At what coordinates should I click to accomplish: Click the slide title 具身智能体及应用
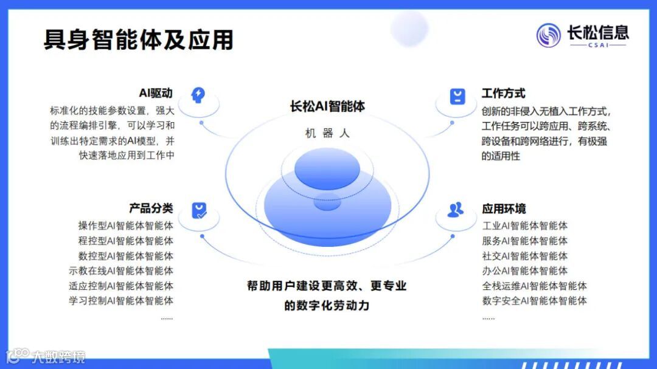pyautogui.click(x=138, y=40)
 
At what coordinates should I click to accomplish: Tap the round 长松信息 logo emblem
pyautogui.click(x=548, y=35)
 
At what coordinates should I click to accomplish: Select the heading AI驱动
pyautogui.click(x=156, y=93)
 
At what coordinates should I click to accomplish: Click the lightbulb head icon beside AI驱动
pyautogui.click(x=198, y=95)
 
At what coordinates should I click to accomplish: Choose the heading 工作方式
pyautogui.click(x=503, y=94)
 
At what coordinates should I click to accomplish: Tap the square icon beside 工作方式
pyautogui.click(x=457, y=96)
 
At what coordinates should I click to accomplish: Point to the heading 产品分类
pyautogui.click(x=151, y=209)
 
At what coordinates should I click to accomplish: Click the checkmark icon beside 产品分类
pyautogui.click(x=199, y=210)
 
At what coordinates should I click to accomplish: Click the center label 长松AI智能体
pyautogui.click(x=327, y=106)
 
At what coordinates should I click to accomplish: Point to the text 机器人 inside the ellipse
pyautogui.click(x=327, y=133)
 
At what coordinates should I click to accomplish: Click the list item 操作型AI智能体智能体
pyautogui.click(x=125, y=226)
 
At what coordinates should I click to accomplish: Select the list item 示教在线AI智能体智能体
pyautogui.click(x=120, y=271)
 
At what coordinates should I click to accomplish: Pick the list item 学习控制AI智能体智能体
pyautogui.click(x=120, y=300)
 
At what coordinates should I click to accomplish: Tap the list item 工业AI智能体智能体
pyautogui.click(x=524, y=226)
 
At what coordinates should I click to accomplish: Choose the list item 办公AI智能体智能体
pyautogui.click(x=524, y=271)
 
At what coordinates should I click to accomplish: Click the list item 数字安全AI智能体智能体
pyautogui.click(x=534, y=300)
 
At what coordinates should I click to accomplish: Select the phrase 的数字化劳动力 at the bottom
pyautogui.click(x=327, y=305)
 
